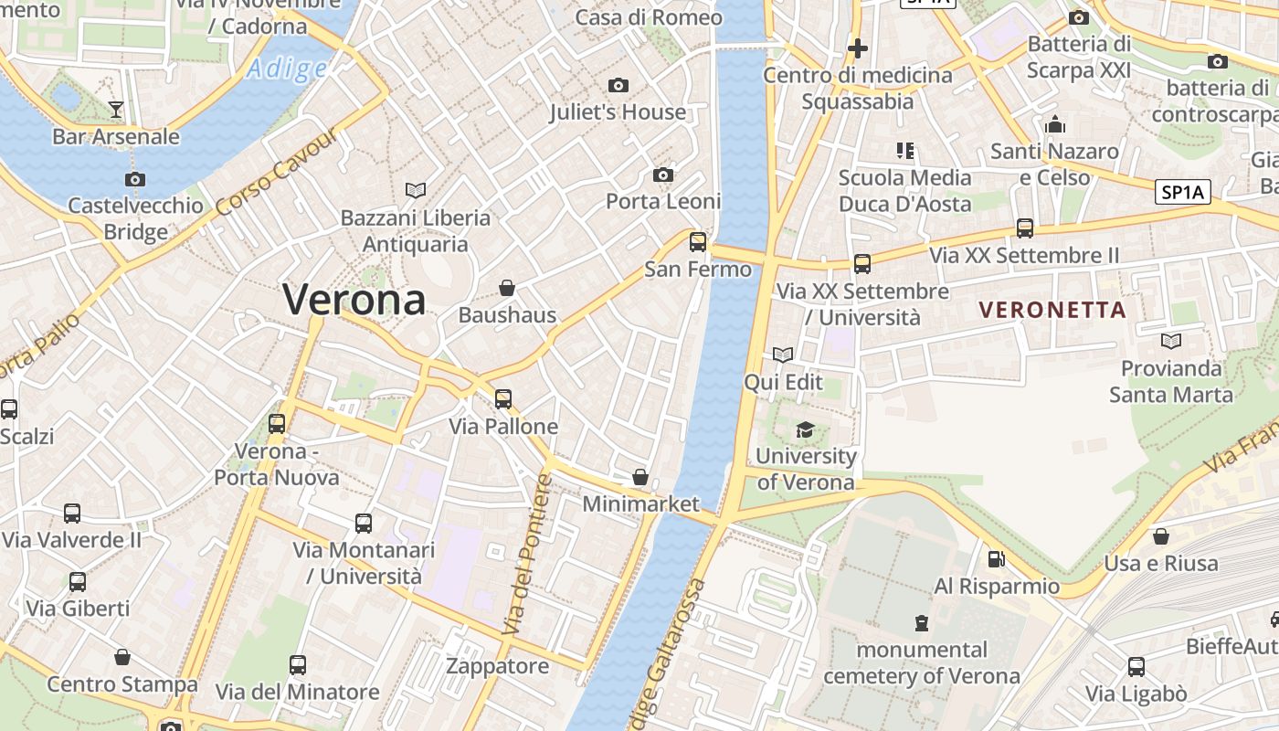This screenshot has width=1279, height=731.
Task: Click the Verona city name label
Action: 354,299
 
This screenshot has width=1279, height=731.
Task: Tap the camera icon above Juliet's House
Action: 618,85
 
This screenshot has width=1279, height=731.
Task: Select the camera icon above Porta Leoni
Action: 663,175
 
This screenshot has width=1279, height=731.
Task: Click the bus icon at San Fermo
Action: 698,242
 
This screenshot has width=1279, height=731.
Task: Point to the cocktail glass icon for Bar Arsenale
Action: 116,110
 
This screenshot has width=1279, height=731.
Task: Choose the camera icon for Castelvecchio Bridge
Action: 135,179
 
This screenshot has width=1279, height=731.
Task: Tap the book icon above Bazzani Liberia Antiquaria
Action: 416,190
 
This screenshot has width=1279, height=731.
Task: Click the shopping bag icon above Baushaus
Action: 507,289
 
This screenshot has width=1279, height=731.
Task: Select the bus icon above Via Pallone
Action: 503,399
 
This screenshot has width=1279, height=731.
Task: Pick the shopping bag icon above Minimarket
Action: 640,477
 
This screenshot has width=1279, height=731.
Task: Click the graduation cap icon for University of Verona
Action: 805,429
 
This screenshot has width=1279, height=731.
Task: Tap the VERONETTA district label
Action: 1052,310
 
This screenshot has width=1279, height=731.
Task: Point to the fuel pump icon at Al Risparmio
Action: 996,558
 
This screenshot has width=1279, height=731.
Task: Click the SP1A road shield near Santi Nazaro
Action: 1183,192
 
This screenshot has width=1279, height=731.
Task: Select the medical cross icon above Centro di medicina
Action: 857,48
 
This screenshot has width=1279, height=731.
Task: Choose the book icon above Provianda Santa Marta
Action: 1170,341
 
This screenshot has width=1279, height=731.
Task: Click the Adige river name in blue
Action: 287,69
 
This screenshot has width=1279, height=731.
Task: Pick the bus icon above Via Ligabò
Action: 1136,667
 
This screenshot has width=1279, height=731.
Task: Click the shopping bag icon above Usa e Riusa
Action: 1161,535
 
